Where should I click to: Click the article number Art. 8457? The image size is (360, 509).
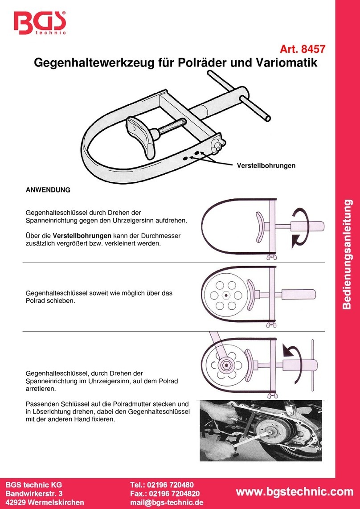click(x=301, y=50)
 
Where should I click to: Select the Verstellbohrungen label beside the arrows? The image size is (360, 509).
click(x=265, y=166)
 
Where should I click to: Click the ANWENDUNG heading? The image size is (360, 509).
click(x=48, y=190)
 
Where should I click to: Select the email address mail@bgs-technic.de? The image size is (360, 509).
click(x=167, y=502)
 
